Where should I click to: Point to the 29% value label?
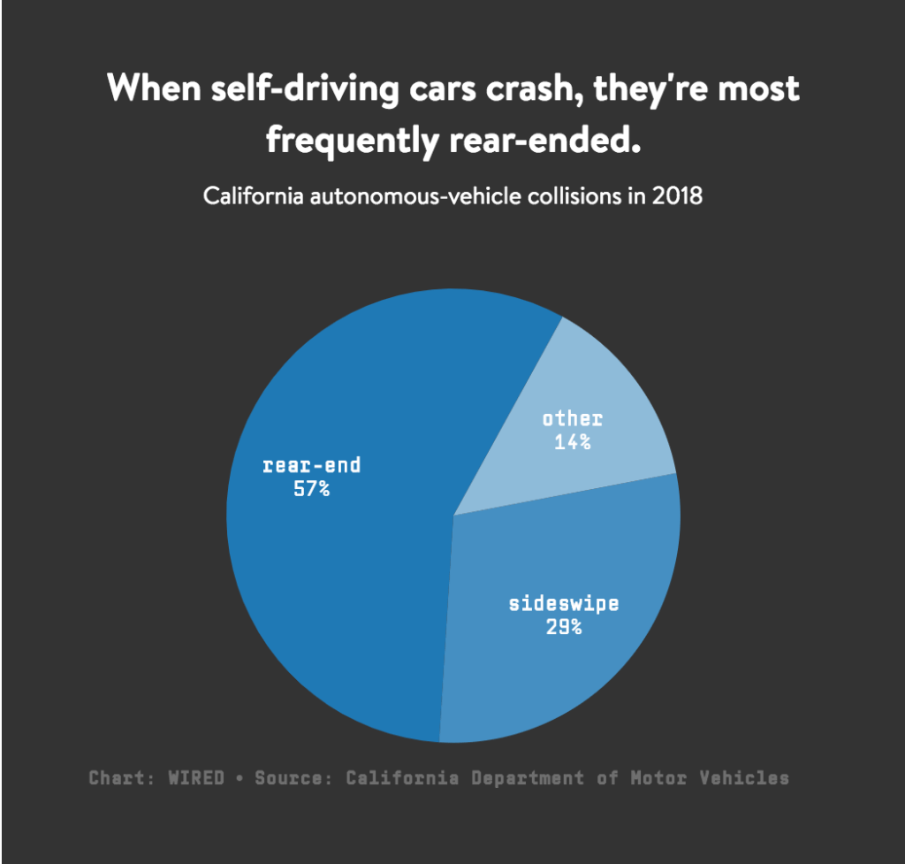point(564,627)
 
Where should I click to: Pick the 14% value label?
point(572,441)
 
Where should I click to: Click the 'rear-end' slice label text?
point(311,465)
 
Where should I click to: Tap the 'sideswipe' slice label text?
point(564,604)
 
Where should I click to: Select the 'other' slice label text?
point(572,418)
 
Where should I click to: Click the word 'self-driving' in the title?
point(293,89)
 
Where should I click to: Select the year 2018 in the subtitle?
point(677,195)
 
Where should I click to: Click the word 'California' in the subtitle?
point(251,195)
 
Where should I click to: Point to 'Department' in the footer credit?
point(527,778)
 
